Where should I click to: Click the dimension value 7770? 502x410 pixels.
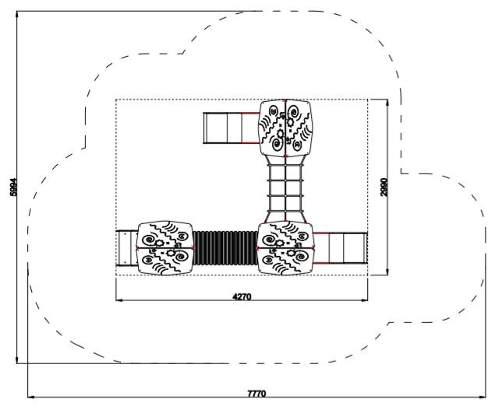click(256, 393)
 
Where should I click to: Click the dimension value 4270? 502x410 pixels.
click(242, 296)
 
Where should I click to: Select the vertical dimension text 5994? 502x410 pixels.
click(13, 187)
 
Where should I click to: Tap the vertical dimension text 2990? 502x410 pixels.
click(384, 187)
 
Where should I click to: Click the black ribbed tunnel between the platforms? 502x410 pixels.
click(225, 247)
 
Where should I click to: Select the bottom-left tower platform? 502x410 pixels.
click(165, 247)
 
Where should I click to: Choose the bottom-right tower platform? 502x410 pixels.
click(285, 247)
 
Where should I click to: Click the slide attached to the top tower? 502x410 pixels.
click(232, 128)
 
